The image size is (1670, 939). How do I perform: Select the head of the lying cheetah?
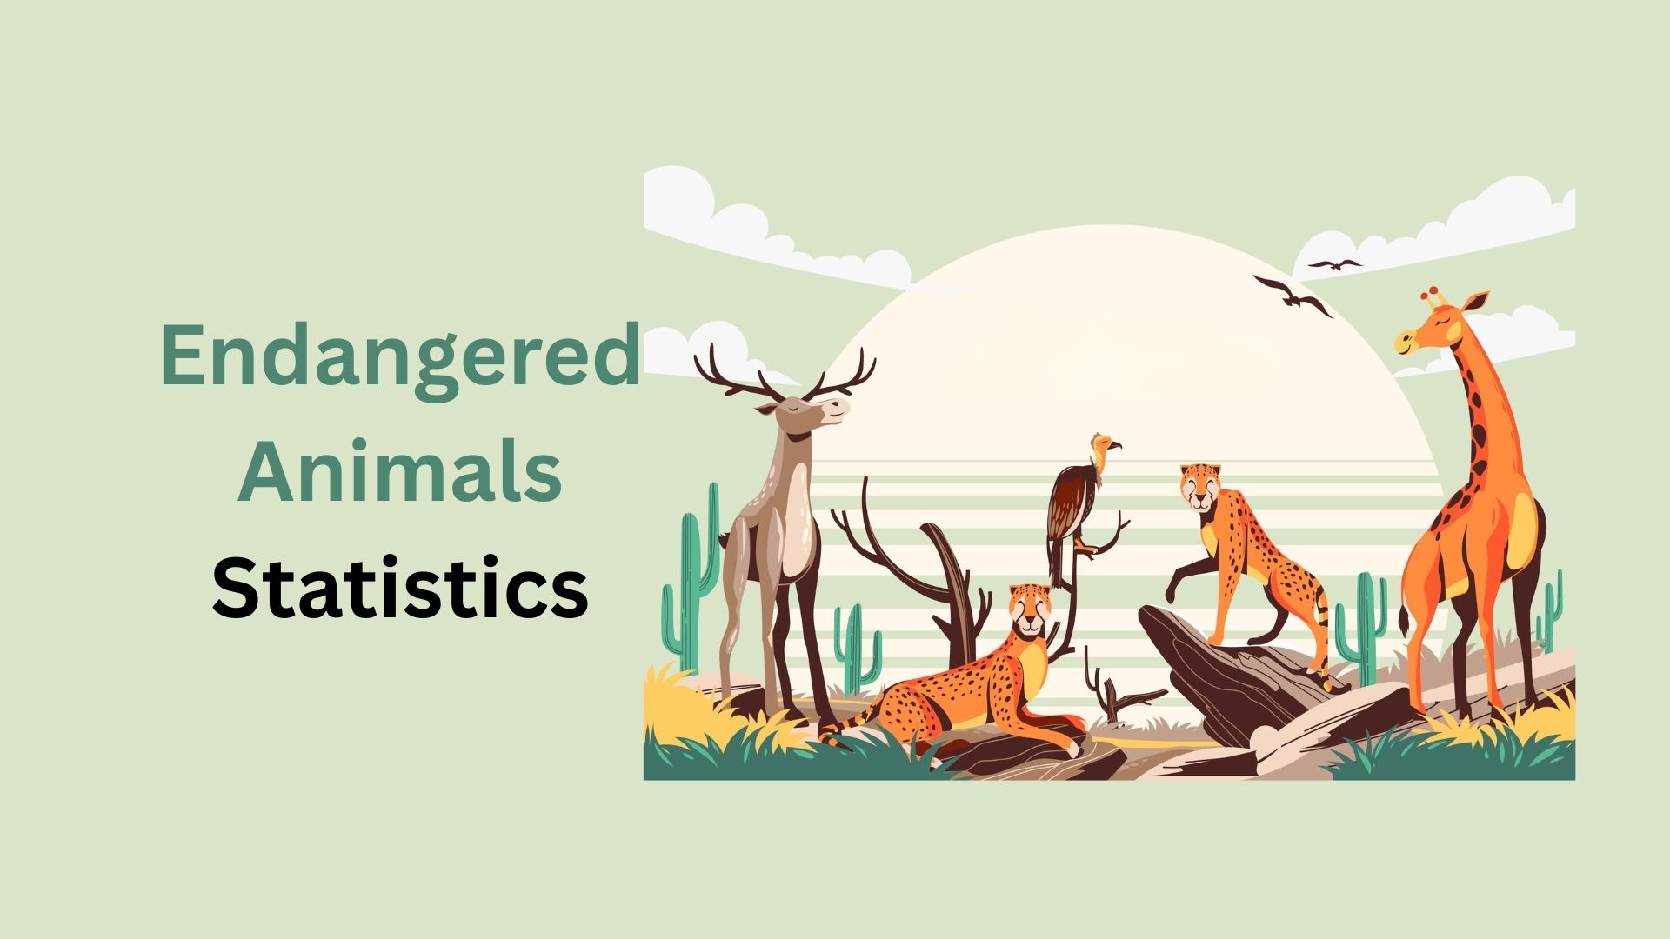click(x=1031, y=609)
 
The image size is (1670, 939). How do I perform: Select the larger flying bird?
click(x=1293, y=296)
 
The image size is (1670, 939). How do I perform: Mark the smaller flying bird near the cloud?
click(x=1335, y=263)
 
